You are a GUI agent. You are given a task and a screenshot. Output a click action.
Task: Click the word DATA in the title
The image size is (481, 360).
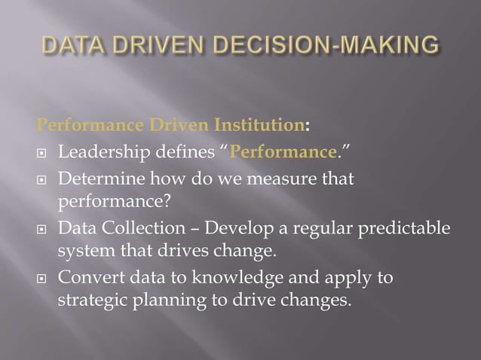pos(72,46)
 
